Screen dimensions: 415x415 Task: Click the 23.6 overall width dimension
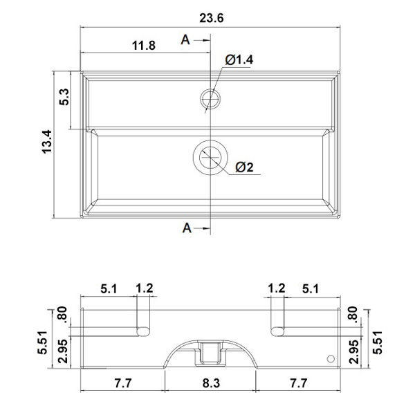click(211, 18)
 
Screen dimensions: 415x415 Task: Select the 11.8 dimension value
click(144, 46)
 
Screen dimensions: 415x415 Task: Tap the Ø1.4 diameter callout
click(239, 59)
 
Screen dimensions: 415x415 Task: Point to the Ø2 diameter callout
click(244, 167)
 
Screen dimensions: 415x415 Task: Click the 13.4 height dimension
click(47, 142)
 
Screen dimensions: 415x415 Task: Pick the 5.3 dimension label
click(64, 97)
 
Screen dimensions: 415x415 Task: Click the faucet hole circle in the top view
click(210, 98)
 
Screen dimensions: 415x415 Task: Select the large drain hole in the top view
click(210, 157)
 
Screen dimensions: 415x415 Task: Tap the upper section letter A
click(185, 40)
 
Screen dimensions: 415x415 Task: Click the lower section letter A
click(187, 228)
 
